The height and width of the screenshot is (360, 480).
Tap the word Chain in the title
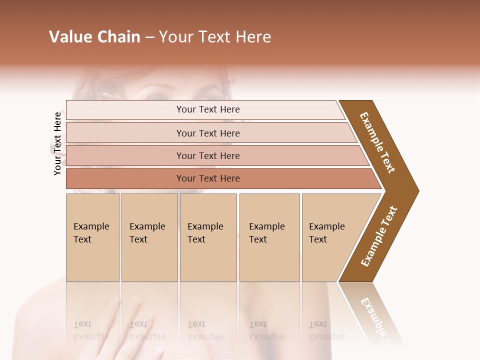118,37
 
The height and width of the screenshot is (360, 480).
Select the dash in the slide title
149,37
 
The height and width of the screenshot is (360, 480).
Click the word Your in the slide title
173,37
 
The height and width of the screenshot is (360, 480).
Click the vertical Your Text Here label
57,143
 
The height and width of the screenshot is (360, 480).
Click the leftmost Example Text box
92,237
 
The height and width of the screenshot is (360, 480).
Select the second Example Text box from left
149,237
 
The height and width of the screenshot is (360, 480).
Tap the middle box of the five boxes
208,237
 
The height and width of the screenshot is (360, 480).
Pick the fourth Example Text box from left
269,237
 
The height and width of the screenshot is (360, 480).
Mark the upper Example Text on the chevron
377,142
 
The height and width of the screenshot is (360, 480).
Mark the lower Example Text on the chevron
379,236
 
